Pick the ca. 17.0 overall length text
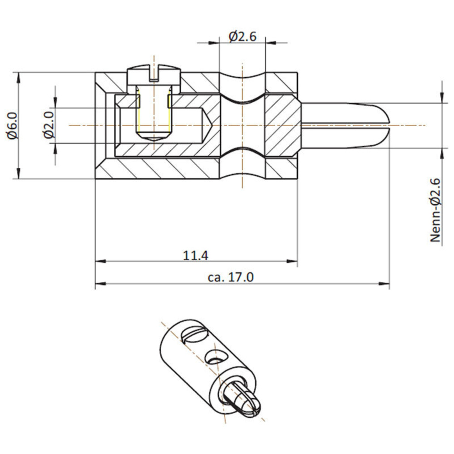coord(231,277)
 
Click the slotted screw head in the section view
coord(154,74)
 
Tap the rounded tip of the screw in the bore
coord(154,136)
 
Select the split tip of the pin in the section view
coord(384,125)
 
